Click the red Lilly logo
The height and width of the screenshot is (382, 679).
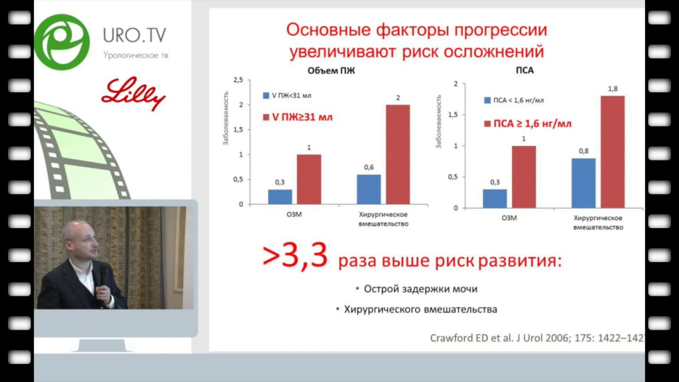click(133, 94)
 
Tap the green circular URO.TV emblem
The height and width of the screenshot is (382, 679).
click(62, 42)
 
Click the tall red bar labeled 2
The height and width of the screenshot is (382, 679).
click(398, 154)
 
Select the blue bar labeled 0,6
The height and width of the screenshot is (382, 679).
click(369, 189)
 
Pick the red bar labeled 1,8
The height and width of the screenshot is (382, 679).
click(612, 152)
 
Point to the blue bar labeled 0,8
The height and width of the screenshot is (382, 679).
click(584, 183)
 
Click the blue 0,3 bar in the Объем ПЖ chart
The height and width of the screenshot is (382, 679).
click(280, 196)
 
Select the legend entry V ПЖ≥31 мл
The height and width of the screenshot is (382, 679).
click(298, 117)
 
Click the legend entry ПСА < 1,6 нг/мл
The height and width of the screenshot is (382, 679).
click(514, 100)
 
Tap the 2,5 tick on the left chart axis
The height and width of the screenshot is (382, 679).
click(238, 80)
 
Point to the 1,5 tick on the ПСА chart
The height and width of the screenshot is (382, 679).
click(452, 115)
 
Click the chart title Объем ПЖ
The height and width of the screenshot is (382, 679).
click(332, 70)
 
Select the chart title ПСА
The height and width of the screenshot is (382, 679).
click(525, 70)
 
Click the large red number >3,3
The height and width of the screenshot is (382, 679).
click(295, 256)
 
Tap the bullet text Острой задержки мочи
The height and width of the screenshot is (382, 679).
click(420, 289)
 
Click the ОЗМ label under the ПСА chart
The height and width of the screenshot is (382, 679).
click(509, 218)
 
